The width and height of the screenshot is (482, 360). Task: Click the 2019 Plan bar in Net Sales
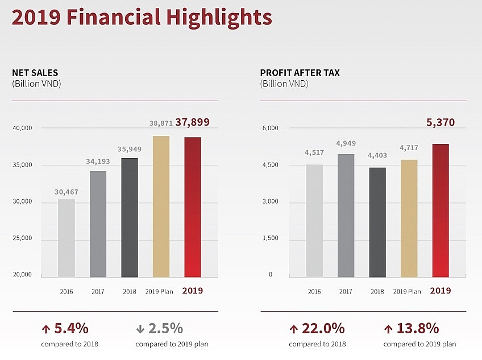tap(161, 206)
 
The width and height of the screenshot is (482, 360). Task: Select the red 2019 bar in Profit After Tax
tap(441, 210)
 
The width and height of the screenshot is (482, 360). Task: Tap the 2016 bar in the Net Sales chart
tap(66, 238)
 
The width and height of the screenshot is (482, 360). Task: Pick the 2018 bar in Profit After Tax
tap(377, 222)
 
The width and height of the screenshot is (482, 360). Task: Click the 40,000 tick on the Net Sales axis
tap(23, 129)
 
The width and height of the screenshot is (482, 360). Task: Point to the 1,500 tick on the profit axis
tap(269, 238)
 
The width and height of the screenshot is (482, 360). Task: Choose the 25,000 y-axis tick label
tap(23, 238)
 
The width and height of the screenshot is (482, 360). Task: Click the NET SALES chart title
tap(35, 73)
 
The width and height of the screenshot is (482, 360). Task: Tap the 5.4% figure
tap(71, 328)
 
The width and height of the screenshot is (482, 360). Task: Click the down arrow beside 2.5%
tap(140, 329)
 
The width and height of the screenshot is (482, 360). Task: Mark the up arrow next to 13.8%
tap(389, 329)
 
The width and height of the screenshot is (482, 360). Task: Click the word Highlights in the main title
tap(219, 17)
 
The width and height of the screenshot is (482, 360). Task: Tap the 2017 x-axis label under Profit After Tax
tap(345, 291)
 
